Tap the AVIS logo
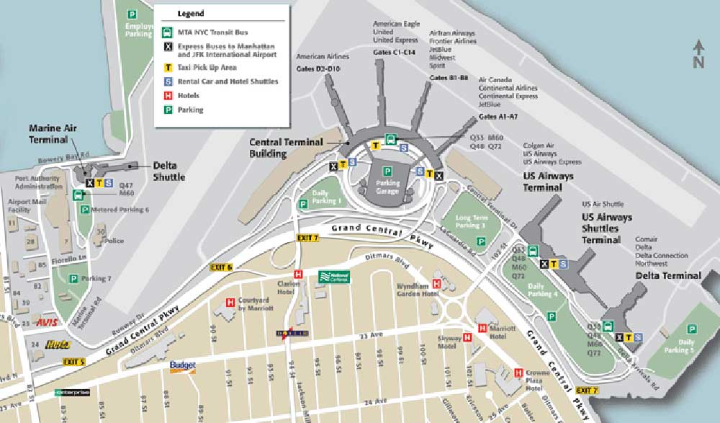[x=47, y=322]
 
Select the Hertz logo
[x=57, y=344]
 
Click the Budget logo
[x=183, y=365]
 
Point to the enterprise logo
[x=73, y=393]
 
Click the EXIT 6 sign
[x=221, y=267]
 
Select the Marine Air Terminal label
[x=53, y=133]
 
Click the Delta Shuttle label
[x=169, y=170]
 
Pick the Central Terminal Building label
[x=286, y=147]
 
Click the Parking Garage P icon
[x=387, y=171]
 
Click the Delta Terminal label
[x=668, y=275]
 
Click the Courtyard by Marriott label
[x=251, y=303]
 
